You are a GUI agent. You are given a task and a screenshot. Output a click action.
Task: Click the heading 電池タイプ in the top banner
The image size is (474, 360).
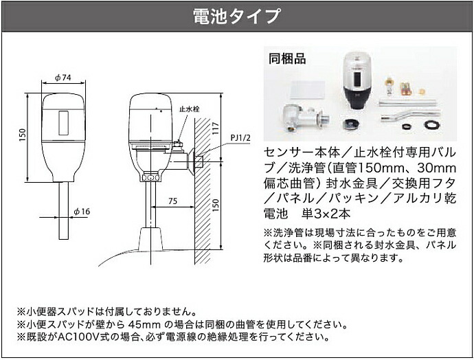(x=236, y=14)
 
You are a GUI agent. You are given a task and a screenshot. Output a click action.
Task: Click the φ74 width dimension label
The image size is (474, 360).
(x=63, y=78)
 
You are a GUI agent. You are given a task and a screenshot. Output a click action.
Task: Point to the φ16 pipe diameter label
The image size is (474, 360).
(x=81, y=211)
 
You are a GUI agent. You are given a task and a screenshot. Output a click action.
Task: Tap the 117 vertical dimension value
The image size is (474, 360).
(x=216, y=127)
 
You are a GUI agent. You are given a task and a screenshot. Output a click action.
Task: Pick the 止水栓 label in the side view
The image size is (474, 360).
(x=188, y=108)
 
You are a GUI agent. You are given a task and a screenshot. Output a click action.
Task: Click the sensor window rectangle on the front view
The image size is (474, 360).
(x=64, y=123)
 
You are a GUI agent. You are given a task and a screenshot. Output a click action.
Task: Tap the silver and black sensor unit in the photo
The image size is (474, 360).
(x=357, y=82)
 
